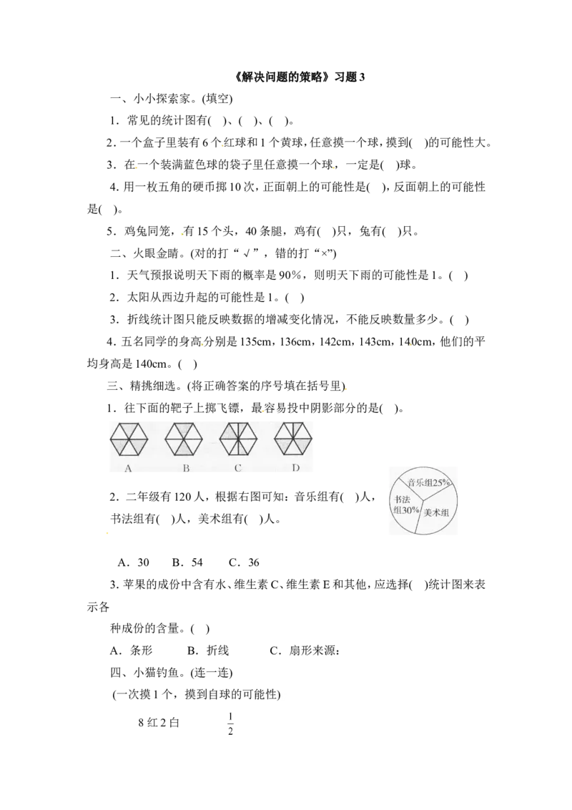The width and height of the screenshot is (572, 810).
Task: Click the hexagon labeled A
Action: (129, 439)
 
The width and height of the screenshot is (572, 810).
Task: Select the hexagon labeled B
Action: (184, 439)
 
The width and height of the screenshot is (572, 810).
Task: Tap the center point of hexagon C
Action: (238, 439)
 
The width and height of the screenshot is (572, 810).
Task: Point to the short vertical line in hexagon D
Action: (293, 430)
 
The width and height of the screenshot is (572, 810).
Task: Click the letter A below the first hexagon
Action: (129, 469)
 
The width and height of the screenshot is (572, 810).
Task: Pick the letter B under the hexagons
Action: (185, 469)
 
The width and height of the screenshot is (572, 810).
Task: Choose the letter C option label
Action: (238, 469)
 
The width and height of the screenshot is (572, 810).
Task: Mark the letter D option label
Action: (295, 469)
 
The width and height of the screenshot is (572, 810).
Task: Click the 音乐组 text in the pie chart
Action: (420, 483)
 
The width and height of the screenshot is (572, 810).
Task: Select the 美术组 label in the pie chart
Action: (435, 512)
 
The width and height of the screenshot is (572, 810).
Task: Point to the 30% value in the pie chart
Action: (410, 509)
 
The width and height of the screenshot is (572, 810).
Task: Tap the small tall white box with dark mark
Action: (231, 721)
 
